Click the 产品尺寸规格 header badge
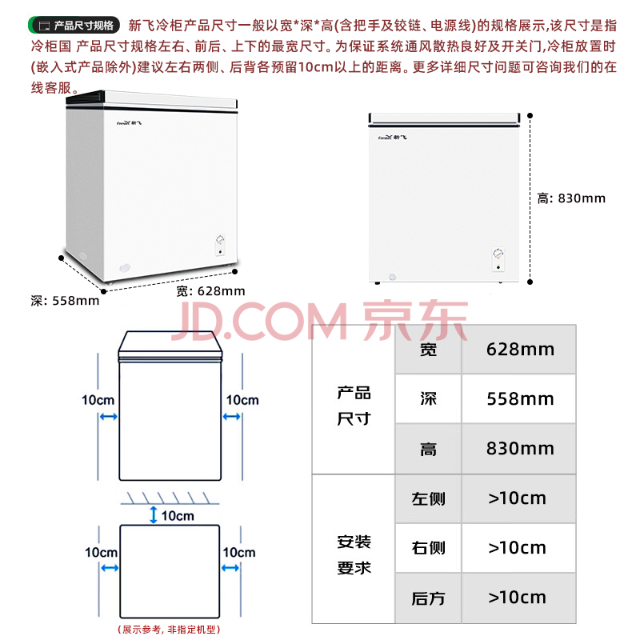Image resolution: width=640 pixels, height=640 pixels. pos(74,26)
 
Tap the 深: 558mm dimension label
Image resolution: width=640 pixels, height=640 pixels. pos(65,301)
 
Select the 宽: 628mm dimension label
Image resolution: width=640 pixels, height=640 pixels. pos(210,291)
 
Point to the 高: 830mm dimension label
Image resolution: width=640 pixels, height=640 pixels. pos(571,198)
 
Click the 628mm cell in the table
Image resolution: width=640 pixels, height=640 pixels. pos(520,350)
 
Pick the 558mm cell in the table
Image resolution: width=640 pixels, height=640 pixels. pos(520,398)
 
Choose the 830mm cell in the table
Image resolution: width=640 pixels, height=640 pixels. pos(520,449)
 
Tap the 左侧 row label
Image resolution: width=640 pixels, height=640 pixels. pos(428,498)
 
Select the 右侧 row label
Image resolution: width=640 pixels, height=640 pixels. pos(428,548)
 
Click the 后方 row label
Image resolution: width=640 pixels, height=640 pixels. pos(428,598)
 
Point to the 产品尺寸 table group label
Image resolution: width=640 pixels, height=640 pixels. pos(354,406)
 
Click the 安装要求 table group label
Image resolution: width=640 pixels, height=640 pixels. pos(354,554)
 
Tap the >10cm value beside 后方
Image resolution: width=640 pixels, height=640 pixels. pos(517,598)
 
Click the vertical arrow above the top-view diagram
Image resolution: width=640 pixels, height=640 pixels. pos(154,514)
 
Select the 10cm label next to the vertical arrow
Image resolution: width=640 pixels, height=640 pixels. pos(178,516)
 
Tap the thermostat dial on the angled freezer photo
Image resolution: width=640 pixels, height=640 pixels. pos(220,239)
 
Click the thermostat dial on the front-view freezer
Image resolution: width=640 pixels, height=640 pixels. pos(498,253)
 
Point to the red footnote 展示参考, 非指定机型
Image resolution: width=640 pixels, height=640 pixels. pos(169,630)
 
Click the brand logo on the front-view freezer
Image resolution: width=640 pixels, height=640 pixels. pos(392,138)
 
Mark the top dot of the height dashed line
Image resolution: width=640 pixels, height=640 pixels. pos(530,116)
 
